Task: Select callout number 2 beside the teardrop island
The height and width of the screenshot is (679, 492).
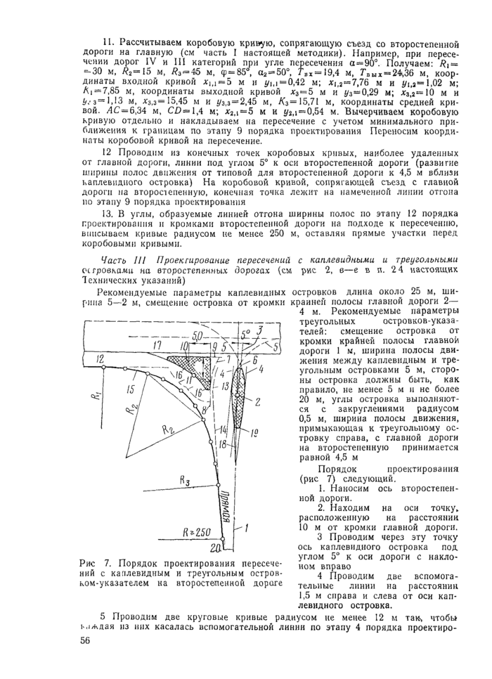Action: (257, 402)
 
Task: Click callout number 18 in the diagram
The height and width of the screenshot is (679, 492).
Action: (221, 445)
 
